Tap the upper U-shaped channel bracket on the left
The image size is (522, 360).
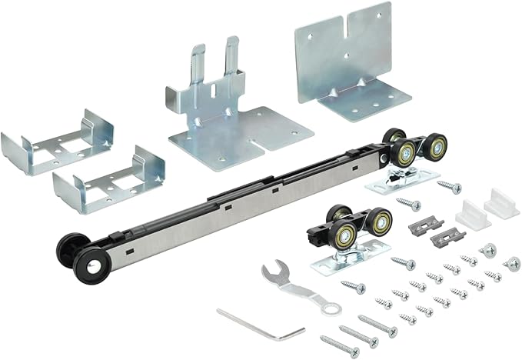point(58,143)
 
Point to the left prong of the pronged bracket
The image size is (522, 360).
point(197,65)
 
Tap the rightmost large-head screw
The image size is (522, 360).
point(511,263)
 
